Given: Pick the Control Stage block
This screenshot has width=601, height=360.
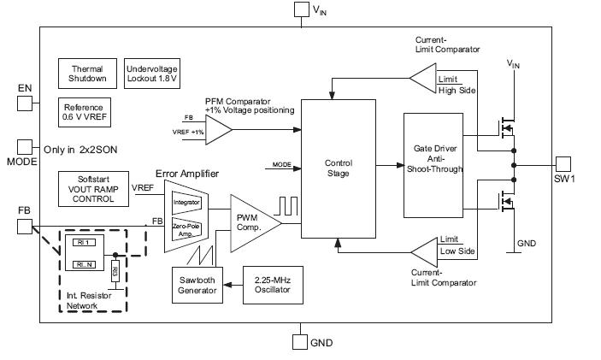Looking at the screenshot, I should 339,168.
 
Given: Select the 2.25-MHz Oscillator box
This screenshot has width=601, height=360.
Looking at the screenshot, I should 273,285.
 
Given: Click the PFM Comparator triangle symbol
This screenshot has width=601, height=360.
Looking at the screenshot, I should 217,131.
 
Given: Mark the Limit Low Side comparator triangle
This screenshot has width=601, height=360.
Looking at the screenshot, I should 422,251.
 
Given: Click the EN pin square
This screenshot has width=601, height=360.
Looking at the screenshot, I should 25,103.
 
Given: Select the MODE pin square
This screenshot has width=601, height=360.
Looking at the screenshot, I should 25,147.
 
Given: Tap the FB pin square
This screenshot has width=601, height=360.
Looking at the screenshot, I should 25,226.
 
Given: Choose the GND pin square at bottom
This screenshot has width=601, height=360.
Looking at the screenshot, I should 299,341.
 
